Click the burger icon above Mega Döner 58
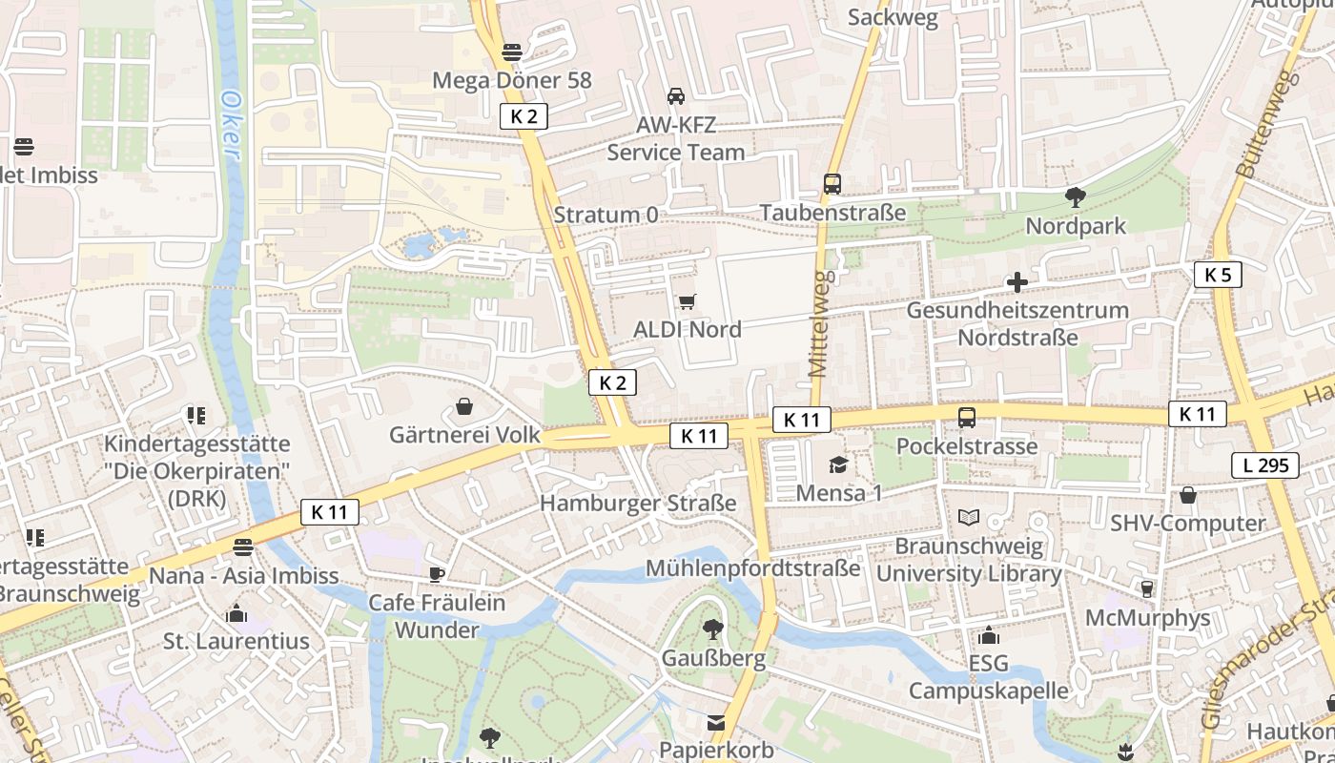click(x=512, y=52)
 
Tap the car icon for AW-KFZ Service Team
click(x=675, y=96)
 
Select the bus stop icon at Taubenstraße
click(x=832, y=184)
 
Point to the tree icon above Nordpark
click(x=1075, y=197)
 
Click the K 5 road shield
click(x=1217, y=275)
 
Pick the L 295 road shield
click(x=1264, y=465)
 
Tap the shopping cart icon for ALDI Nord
click(x=687, y=302)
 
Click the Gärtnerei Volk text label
click(x=464, y=435)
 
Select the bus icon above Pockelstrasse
click(x=966, y=418)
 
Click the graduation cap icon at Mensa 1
click(x=838, y=464)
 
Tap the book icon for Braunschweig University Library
click(x=969, y=517)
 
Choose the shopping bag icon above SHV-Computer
click(x=1187, y=495)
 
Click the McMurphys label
click(x=1147, y=618)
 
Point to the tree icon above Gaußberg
click(x=712, y=629)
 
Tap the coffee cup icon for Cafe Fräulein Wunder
click(x=436, y=574)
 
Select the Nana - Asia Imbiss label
click(x=243, y=576)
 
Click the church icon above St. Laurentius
click(x=236, y=613)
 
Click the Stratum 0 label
click(x=606, y=215)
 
